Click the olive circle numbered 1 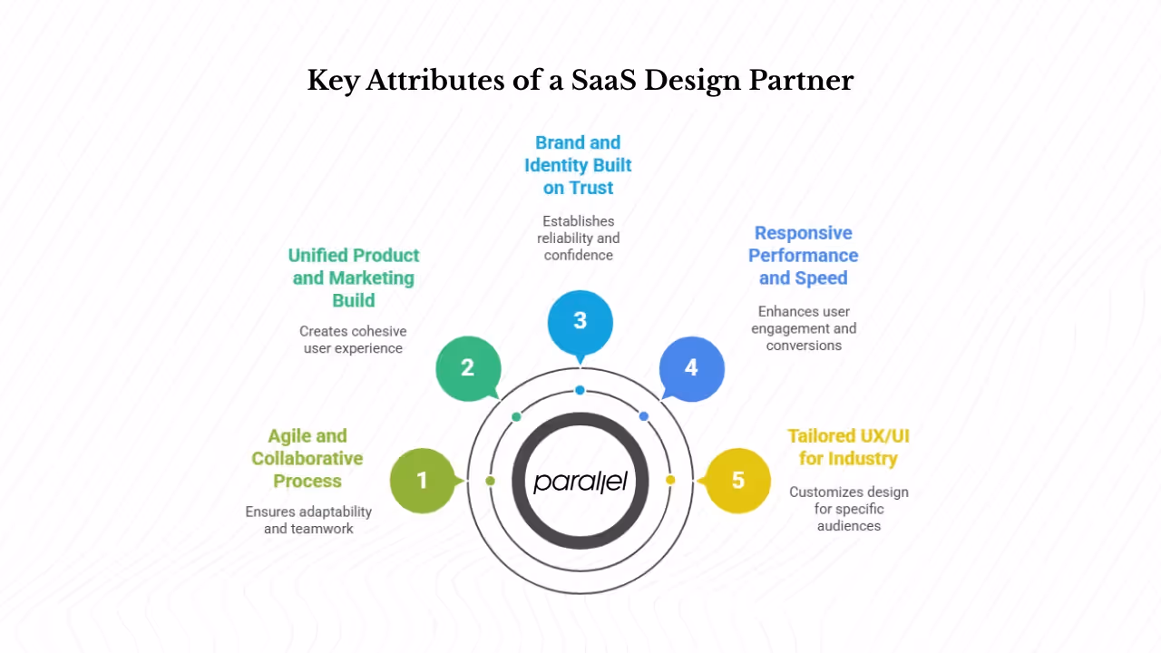[422, 480]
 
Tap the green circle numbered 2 [468, 367]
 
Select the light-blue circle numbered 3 [580, 321]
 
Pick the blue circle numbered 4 [691, 367]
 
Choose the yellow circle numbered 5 [737, 480]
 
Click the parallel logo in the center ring [580, 480]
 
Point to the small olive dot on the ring [491, 480]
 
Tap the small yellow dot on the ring [670, 480]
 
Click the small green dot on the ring [516, 416]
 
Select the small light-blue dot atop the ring [580, 390]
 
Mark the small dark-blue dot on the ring [644, 416]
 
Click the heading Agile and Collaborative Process [307, 458]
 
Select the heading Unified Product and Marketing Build [354, 278]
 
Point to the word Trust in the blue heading [590, 188]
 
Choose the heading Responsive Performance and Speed [804, 256]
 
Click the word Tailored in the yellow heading [823, 436]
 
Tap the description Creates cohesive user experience [354, 339]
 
